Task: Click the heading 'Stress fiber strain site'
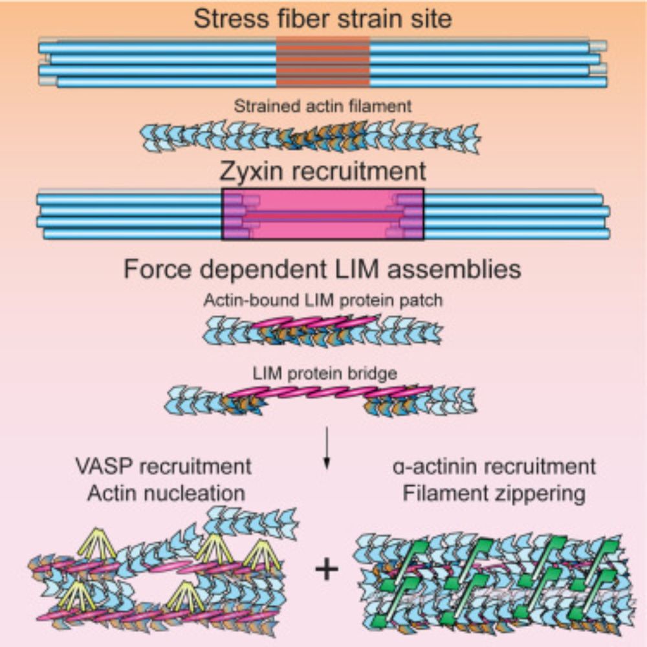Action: point(323,18)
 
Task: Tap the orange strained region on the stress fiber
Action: point(323,62)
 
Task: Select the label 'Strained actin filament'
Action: point(323,105)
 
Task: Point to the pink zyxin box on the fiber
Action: point(323,214)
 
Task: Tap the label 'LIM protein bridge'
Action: point(323,374)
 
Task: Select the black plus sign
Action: point(327,569)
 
